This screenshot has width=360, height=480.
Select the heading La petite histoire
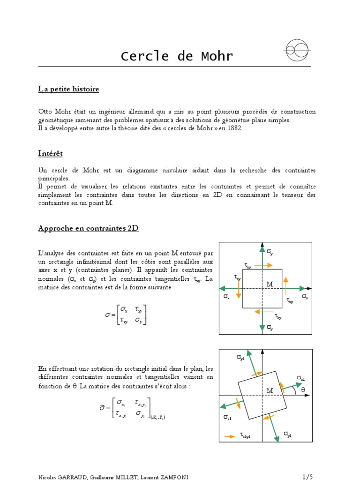click(x=68, y=89)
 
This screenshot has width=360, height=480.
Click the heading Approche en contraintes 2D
click(x=88, y=229)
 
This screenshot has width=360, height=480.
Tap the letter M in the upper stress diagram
click(x=270, y=285)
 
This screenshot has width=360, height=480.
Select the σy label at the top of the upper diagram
click(x=270, y=252)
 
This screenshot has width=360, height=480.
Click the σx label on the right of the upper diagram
click(x=305, y=297)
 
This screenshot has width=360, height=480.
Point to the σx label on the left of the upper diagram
click(x=226, y=297)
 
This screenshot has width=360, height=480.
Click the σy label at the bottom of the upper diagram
click(x=270, y=328)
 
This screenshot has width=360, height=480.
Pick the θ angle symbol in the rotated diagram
click(x=302, y=390)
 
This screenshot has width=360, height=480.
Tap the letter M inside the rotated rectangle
click(x=270, y=390)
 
